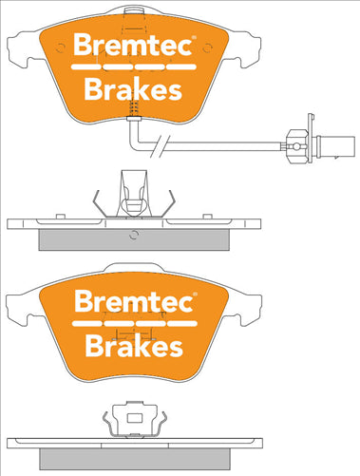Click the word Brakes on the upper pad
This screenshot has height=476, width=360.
[134, 90]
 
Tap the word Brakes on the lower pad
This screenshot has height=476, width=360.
[134, 347]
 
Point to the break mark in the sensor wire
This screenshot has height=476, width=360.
[170, 145]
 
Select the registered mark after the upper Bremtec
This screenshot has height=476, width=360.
[195, 40]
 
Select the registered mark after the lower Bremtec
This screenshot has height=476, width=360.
[195, 296]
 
